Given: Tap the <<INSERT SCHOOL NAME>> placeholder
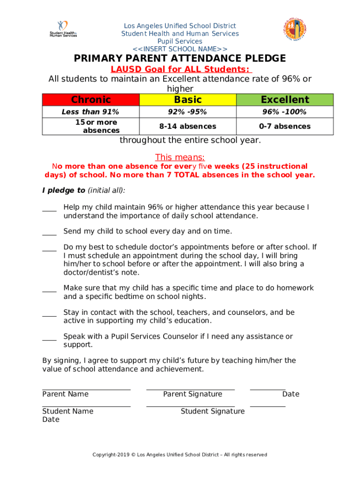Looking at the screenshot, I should [x=180, y=49].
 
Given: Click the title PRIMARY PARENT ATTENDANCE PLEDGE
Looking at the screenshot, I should [x=180, y=58].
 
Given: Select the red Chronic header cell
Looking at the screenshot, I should [x=91, y=100].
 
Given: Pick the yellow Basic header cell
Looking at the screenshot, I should [x=188, y=100].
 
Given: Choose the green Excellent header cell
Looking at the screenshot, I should [x=285, y=100].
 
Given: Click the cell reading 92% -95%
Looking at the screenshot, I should [x=188, y=112].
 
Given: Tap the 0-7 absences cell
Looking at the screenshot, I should [x=285, y=126].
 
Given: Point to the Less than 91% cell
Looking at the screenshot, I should [x=91, y=112].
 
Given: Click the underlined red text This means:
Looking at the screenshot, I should [x=180, y=157].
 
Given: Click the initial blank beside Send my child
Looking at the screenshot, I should [x=49, y=232].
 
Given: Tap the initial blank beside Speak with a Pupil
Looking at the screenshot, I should [x=49, y=338].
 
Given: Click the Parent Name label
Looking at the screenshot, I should [x=65, y=394].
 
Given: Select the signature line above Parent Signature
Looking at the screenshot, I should [x=190, y=389].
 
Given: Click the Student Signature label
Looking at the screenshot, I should [x=213, y=411].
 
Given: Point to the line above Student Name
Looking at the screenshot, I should [x=86, y=406].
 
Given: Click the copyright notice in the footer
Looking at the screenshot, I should [x=180, y=455].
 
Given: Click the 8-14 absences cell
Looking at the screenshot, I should [x=188, y=126].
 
